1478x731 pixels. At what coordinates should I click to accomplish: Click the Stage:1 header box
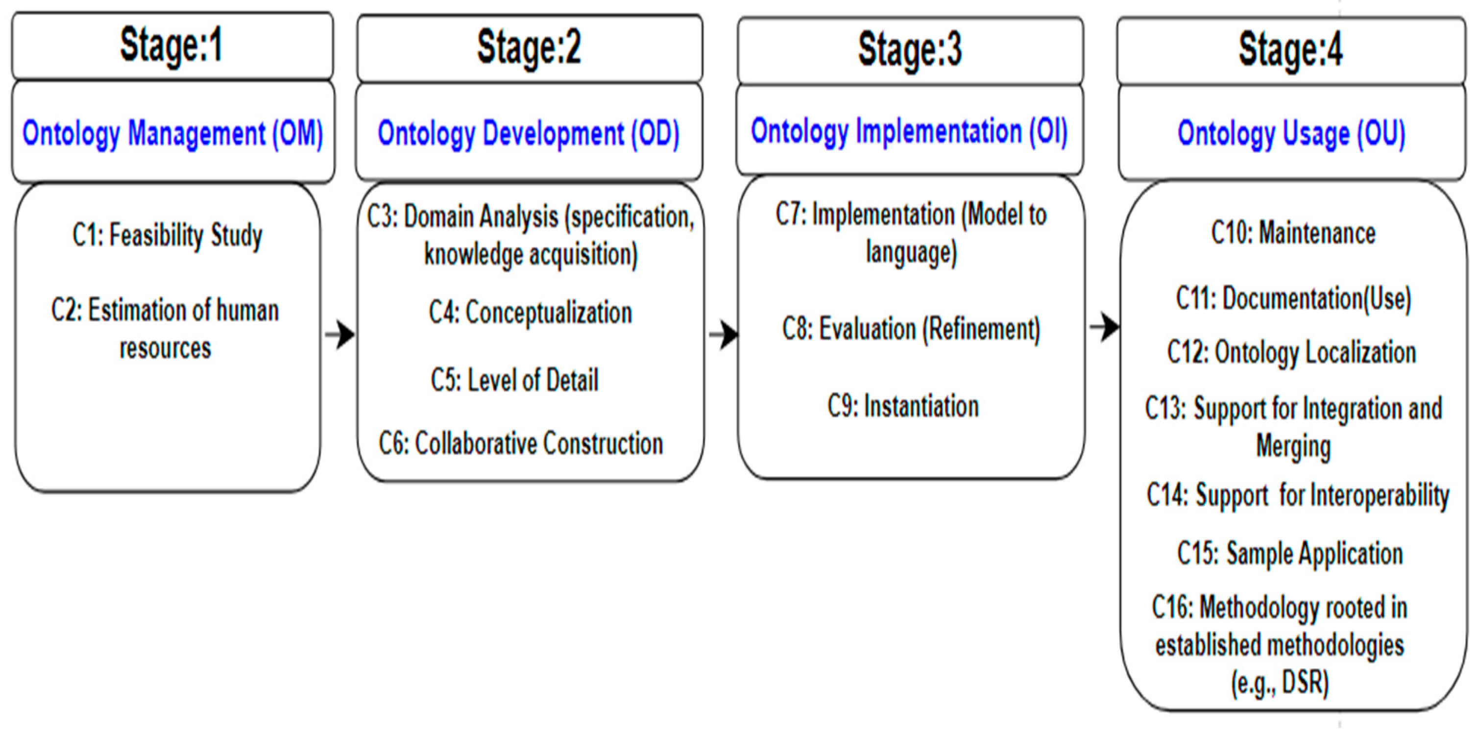[171, 46]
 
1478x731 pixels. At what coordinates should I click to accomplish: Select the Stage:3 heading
[910, 50]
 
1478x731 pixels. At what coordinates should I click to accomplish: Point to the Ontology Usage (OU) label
[1291, 134]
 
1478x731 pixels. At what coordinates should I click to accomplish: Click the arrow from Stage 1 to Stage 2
[339, 335]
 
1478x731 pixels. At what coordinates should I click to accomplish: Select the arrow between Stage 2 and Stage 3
[724, 335]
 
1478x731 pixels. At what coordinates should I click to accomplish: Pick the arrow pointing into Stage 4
[1105, 328]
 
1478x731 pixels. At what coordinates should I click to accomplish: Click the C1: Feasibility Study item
[168, 235]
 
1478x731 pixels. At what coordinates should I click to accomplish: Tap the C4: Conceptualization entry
[530, 313]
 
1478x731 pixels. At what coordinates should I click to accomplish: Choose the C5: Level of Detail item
[515, 380]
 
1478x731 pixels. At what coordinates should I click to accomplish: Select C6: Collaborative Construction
[521, 443]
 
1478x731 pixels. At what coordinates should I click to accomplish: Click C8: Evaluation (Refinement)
[911, 329]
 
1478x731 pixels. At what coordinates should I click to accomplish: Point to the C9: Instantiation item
[903, 406]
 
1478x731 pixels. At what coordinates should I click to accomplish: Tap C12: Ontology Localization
[1291, 352]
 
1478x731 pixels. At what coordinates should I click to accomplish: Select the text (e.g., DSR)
[1280, 683]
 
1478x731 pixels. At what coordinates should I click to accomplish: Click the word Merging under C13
[1293, 446]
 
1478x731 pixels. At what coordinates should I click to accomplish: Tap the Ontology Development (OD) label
[529, 134]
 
